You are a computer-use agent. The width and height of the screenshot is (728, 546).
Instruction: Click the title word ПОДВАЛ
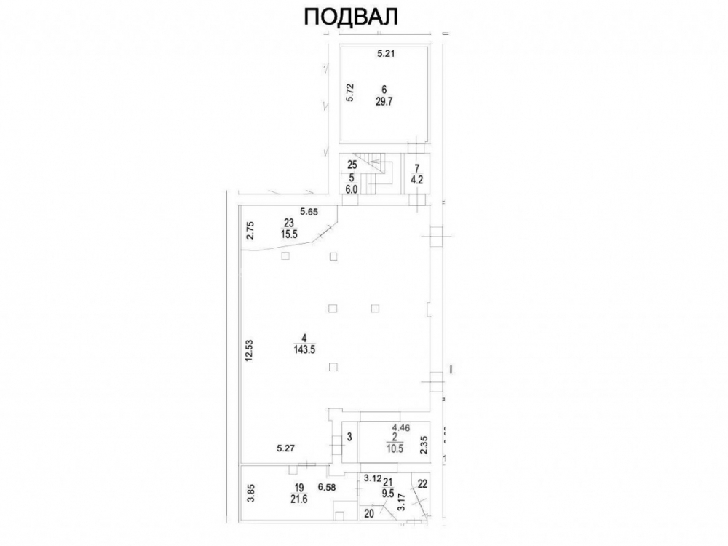coord(351,17)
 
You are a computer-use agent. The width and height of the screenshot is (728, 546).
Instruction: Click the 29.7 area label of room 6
coord(384,102)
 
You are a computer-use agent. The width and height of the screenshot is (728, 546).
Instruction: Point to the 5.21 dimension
coord(385,53)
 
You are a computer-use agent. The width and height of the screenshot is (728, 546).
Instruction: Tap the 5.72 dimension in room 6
coord(351,92)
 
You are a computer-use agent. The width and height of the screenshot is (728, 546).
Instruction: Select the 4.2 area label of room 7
coord(416,180)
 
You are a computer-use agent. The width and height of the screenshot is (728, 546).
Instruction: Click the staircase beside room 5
coord(376,177)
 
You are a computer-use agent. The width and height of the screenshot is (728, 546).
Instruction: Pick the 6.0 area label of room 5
coord(351,189)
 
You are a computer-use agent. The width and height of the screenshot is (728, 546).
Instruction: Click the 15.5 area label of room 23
coord(289,234)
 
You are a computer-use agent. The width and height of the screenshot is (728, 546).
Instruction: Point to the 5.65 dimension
coord(309,212)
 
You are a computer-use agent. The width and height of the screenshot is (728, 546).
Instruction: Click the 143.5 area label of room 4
coord(304,349)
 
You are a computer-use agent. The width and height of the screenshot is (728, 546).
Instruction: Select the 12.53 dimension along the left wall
coord(249,351)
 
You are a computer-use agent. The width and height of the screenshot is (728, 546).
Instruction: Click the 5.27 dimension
coord(285,448)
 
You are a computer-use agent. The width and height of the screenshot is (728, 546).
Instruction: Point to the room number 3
coord(349,436)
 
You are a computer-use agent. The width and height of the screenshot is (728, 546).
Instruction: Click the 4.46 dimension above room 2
coord(400,427)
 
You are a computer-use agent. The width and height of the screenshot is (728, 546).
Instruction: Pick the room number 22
coord(422,484)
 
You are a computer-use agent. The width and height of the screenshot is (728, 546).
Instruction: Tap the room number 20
coord(369,513)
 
